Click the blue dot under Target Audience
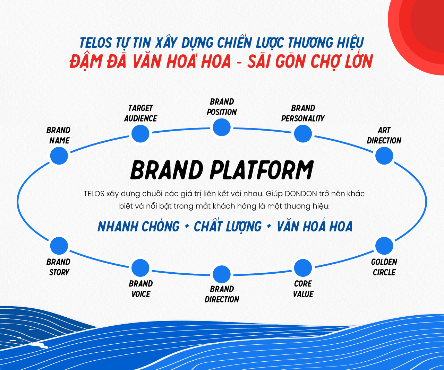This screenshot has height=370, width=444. (x=140, y=134)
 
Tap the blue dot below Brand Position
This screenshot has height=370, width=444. (x=222, y=127)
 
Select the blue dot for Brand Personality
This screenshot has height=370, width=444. (x=303, y=134)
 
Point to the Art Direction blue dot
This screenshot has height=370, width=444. (x=384, y=156)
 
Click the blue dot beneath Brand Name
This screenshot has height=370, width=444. (x=59, y=156)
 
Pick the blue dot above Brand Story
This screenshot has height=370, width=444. (x=59, y=246)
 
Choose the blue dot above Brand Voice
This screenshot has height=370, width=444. (x=140, y=268)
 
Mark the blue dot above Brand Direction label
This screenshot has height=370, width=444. (x=222, y=274)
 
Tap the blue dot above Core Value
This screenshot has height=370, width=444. (x=303, y=268)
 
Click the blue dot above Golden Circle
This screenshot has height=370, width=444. (x=384, y=246)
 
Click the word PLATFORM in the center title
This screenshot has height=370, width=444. (x=262, y=170)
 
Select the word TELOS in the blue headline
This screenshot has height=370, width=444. (x=96, y=43)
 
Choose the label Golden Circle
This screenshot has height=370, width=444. (x=384, y=267)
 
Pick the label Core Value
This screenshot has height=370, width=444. (x=303, y=289)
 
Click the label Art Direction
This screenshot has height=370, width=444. (x=384, y=135)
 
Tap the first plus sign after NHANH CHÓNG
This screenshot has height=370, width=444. (x=187, y=226)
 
